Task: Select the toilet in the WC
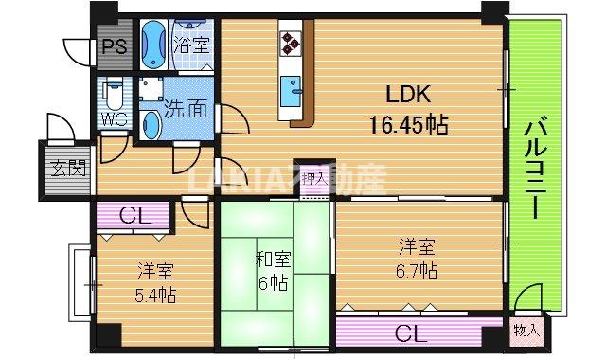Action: pyautogui.click(x=115, y=95)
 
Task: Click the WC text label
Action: pyautogui.click(x=115, y=120)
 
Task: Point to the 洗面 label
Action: pyautogui.click(x=185, y=109)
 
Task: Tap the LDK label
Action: pyautogui.click(x=408, y=95)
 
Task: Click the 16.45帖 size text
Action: pyautogui.click(x=408, y=123)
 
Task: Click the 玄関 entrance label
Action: pyautogui.click(x=65, y=171)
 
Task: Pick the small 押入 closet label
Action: pyautogui.click(x=314, y=176)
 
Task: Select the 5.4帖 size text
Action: pyautogui.click(x=154, y=294)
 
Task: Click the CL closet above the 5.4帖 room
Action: pyautogui.click(x=133, y=216)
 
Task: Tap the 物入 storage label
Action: pyautogui.click(x=527, y=331)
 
